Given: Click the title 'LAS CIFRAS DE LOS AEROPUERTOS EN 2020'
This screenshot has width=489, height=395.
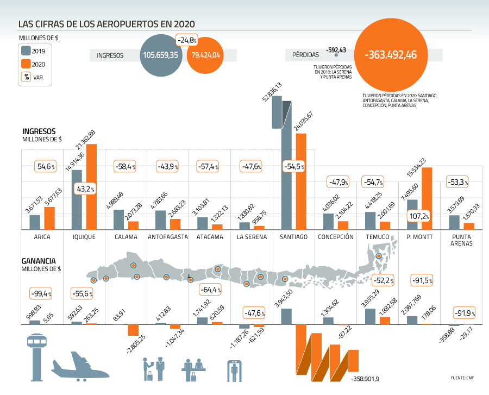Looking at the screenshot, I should tap(106, 24).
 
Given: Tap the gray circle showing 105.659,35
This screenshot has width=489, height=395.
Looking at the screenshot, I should tap(161, 55).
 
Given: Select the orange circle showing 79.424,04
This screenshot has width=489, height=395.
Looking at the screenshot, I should tap(205, 55).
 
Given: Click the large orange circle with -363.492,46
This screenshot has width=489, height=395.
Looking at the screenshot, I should tap(391, 55).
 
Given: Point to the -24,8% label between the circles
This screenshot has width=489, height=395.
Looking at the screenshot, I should tap(187, 40).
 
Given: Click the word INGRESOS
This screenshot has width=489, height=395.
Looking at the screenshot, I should tap(110, 55).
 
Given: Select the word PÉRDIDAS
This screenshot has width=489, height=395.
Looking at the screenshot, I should tap(306, 55).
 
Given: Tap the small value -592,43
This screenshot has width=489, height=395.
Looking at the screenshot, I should tap(336, 50).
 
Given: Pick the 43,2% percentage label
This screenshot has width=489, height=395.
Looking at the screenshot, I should tap(85, 189).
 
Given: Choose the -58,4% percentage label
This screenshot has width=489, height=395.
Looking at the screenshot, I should tap(125, 166).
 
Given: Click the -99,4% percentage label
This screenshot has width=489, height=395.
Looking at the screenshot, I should tap(41, 294).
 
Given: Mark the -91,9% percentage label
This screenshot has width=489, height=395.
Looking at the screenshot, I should tap(464, 313).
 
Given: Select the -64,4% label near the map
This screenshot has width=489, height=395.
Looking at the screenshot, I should tap(210, 290).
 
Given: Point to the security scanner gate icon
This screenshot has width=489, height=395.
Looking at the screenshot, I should tap(234, 370).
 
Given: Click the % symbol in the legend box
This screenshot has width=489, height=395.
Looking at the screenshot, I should tap(26, 77).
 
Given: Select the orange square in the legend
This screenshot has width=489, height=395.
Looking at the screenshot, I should tap(26, 64).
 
